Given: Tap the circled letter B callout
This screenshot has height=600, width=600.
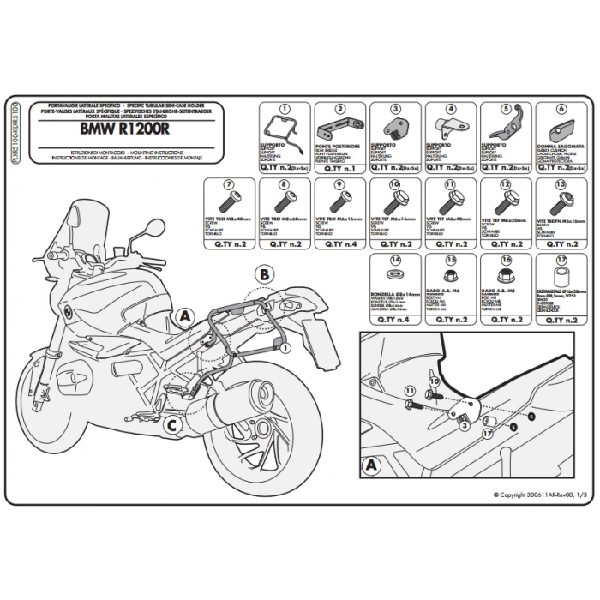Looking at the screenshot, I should pos(265,275).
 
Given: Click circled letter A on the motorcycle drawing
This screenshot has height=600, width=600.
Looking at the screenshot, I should pos(183,315).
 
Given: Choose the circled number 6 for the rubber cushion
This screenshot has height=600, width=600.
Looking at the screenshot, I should pos(561,110).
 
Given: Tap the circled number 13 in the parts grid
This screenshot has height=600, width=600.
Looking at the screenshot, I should pos(561,185).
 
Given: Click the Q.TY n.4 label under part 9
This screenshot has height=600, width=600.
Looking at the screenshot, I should pos(341,243).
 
